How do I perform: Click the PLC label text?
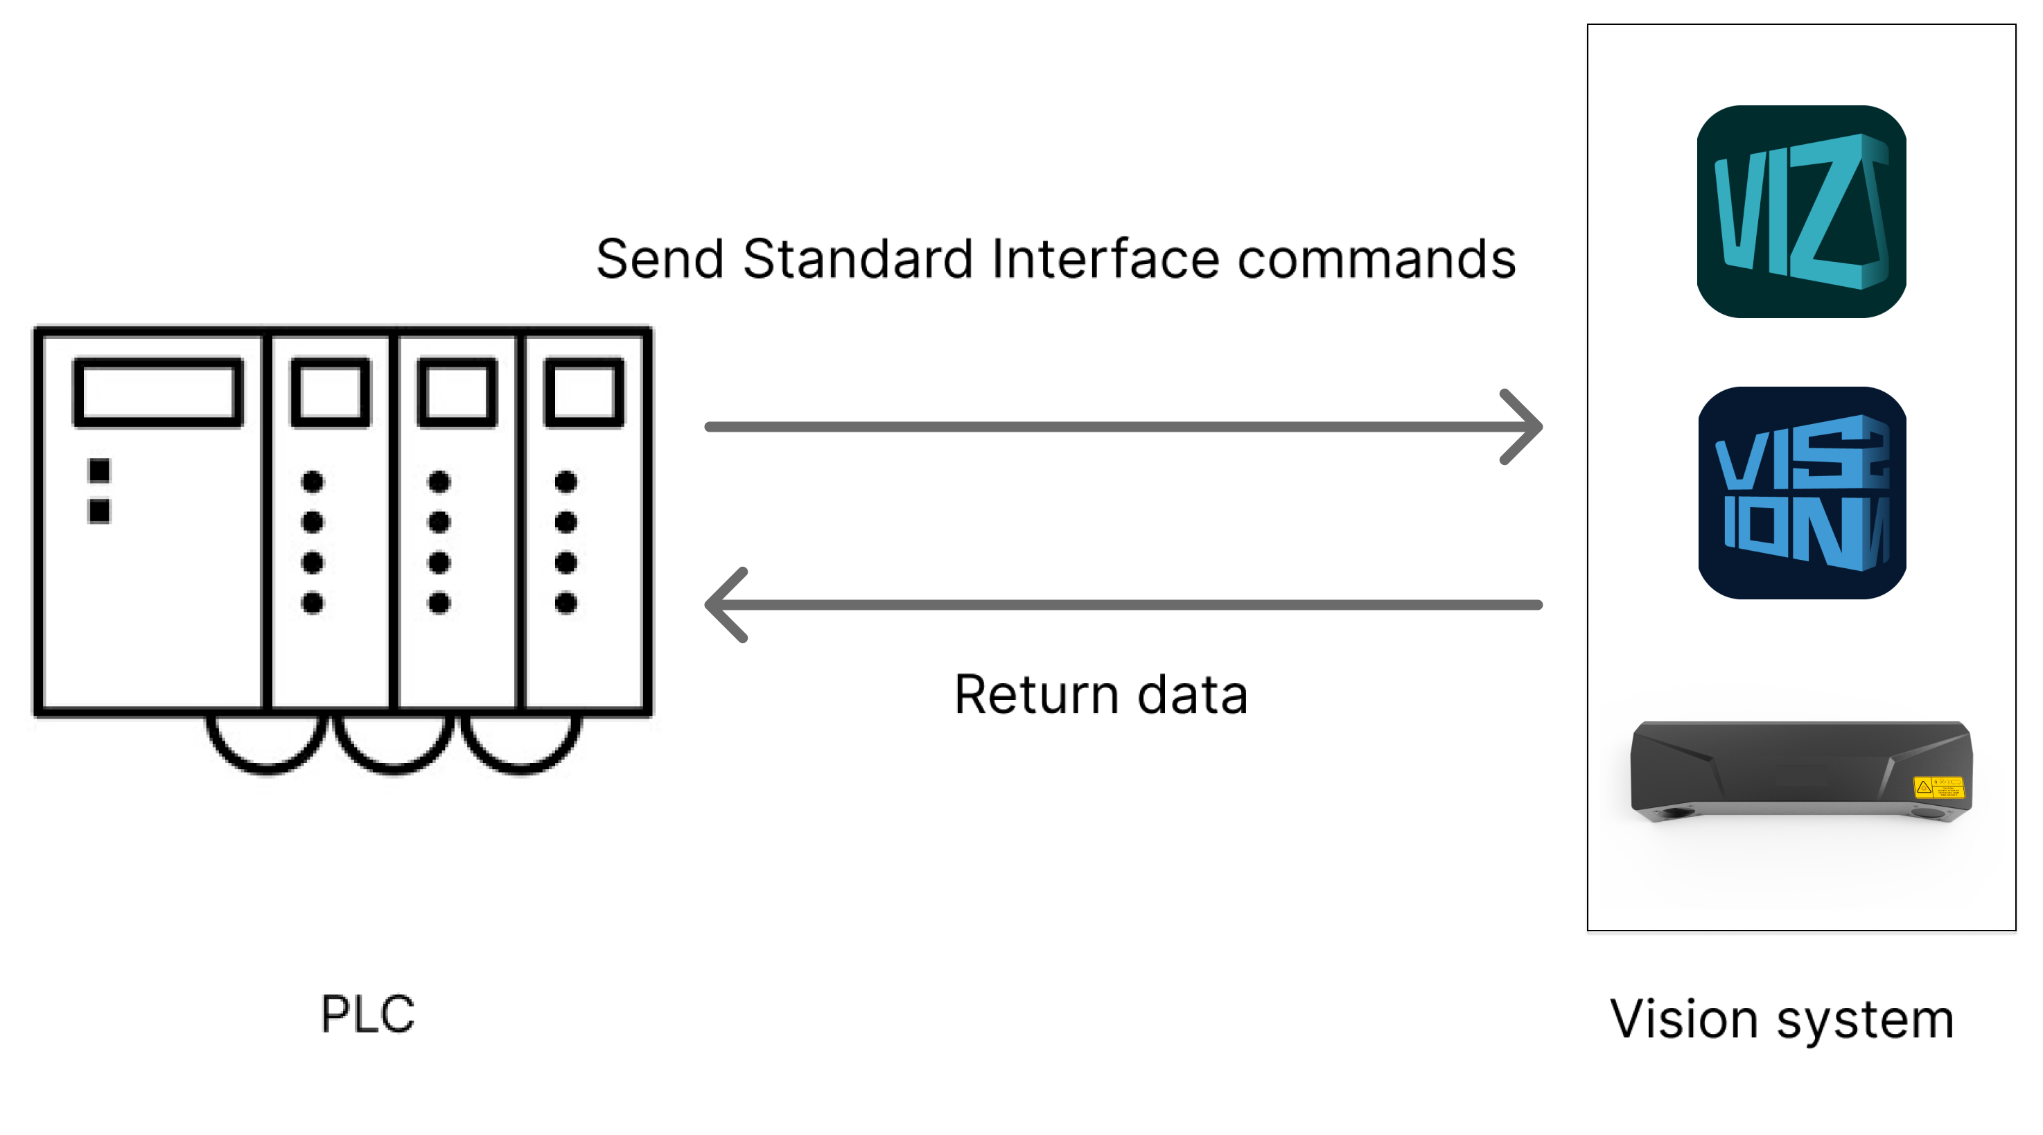pos(367,1014)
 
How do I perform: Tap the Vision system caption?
pos(1781,1019)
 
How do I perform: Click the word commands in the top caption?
pos(1377,258)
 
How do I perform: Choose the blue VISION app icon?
pos(1801,493)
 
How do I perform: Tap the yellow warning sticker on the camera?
pos(1938,786)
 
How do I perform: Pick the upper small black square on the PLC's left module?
pos(99,470)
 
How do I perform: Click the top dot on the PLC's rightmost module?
pos(565,482)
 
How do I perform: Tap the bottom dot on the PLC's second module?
pos(313,603)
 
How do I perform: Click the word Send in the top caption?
pos(660,258)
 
